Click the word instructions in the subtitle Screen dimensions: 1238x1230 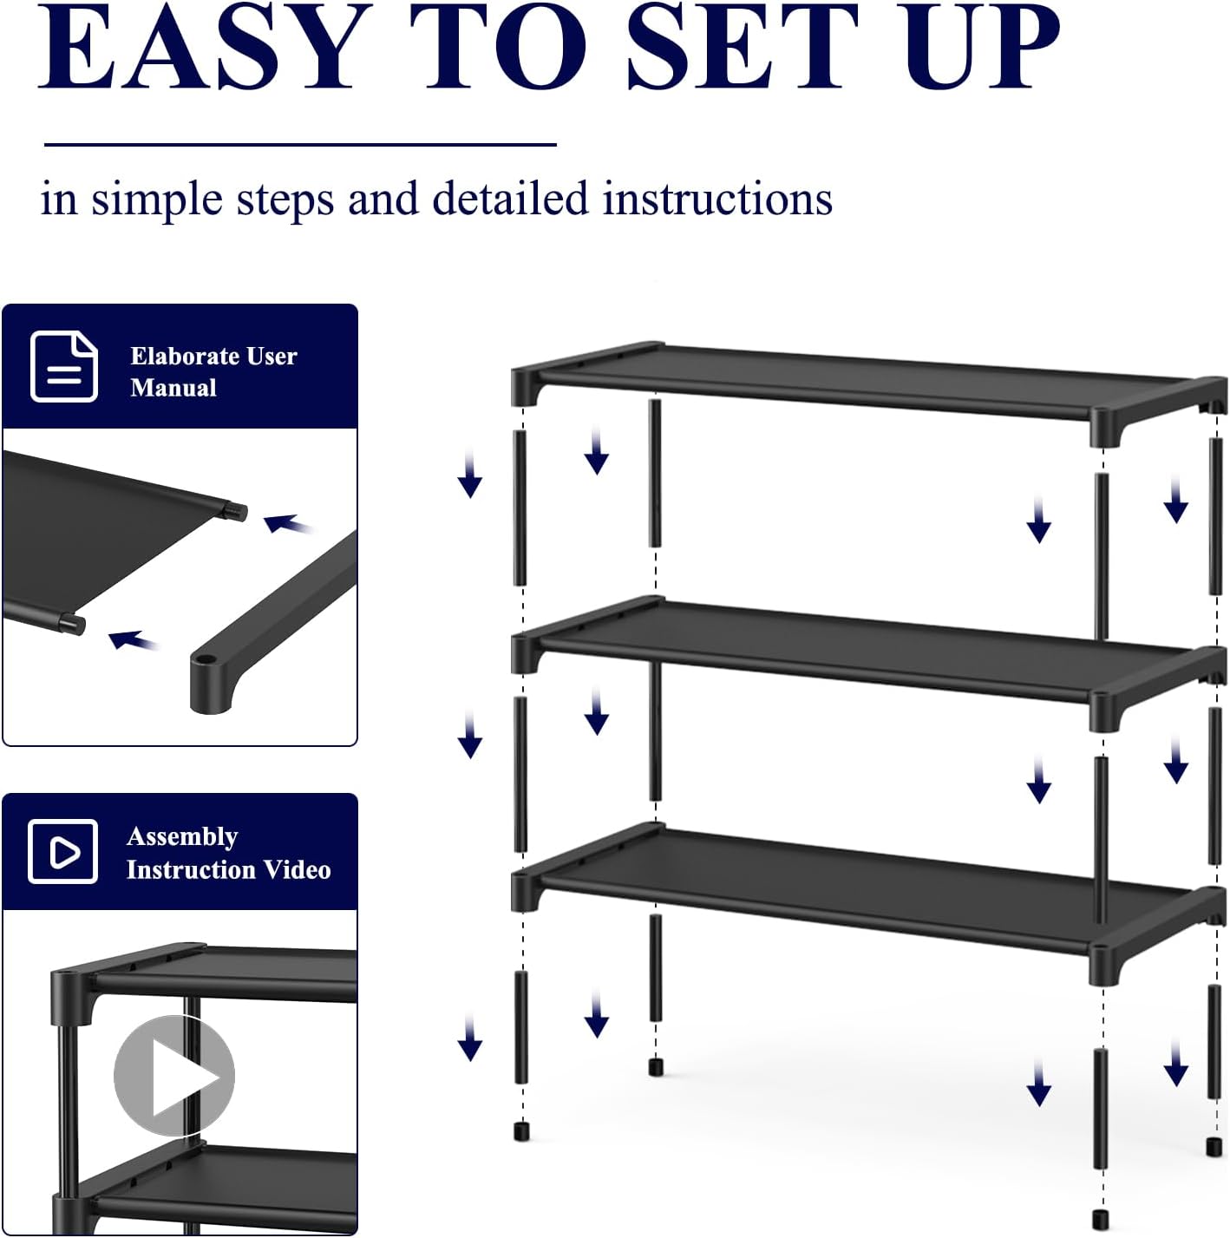coord(717,199)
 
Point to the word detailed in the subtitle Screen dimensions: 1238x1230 coord(510,199)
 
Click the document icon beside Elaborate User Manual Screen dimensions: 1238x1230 coord(63,366)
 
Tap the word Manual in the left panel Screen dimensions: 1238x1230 coord(173,388)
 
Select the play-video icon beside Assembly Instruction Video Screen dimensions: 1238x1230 coord(62,851)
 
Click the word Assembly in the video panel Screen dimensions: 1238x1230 coord(182,836)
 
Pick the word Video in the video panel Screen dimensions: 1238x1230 coord(298,869)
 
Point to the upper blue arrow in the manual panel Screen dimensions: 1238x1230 coord(286,524)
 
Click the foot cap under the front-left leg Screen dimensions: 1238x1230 coord(521,1131)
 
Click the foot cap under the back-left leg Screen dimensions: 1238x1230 coord(656,1066)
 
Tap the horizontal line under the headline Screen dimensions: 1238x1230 coord(299,144)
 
